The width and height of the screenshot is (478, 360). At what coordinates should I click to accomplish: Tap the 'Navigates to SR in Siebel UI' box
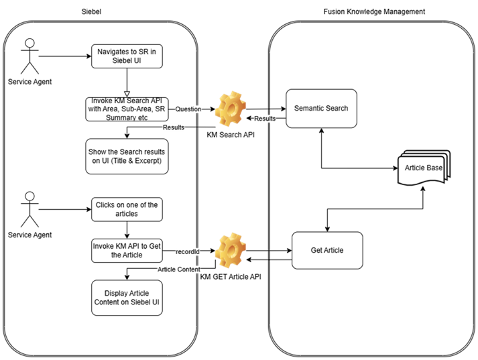[x=127, y=56]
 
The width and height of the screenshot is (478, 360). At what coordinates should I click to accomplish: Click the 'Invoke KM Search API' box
[x=127, y=109]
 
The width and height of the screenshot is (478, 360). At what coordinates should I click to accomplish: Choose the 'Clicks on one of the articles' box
[x=127, y=208]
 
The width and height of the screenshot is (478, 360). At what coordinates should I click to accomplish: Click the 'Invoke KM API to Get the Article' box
[x=127, y=251]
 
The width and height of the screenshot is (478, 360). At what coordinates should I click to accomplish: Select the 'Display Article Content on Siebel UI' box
[x=127, y=296]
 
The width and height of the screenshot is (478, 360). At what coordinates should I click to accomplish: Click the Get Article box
[x=326, y=250]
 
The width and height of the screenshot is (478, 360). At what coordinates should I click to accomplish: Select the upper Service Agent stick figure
[x=27, y=57]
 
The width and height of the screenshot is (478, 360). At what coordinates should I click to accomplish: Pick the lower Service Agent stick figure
[x=27, y=208]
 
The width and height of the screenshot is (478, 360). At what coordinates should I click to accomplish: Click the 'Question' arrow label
[x=188, y=109]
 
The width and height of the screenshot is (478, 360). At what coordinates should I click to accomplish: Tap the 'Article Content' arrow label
[x=178, y=269]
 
